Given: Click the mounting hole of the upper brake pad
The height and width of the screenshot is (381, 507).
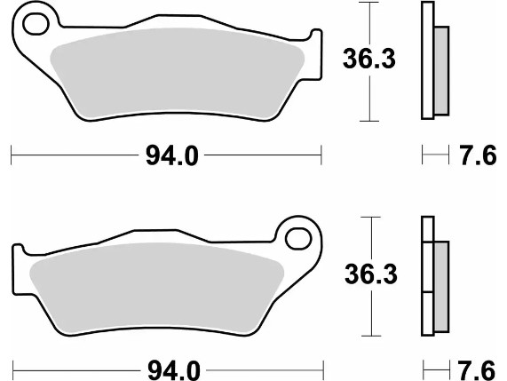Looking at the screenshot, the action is (36, 24).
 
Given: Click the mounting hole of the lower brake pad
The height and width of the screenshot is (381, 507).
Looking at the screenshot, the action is (298, 239).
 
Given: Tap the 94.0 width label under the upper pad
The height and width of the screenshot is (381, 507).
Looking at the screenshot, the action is (171, 155).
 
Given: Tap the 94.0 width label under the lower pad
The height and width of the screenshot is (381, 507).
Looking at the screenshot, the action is (174, 370).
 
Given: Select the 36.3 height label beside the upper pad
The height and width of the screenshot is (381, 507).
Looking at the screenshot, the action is (369, 59).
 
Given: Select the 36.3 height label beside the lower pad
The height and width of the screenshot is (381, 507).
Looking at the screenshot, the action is (371, 274).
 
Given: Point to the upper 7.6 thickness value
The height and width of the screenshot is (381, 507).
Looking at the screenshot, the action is (478, 155).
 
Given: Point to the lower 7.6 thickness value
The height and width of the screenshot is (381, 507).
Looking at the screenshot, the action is (476, 370).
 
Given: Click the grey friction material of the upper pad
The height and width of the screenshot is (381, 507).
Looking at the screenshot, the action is (178, 72).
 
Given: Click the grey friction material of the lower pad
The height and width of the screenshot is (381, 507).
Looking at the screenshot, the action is (157, 287).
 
